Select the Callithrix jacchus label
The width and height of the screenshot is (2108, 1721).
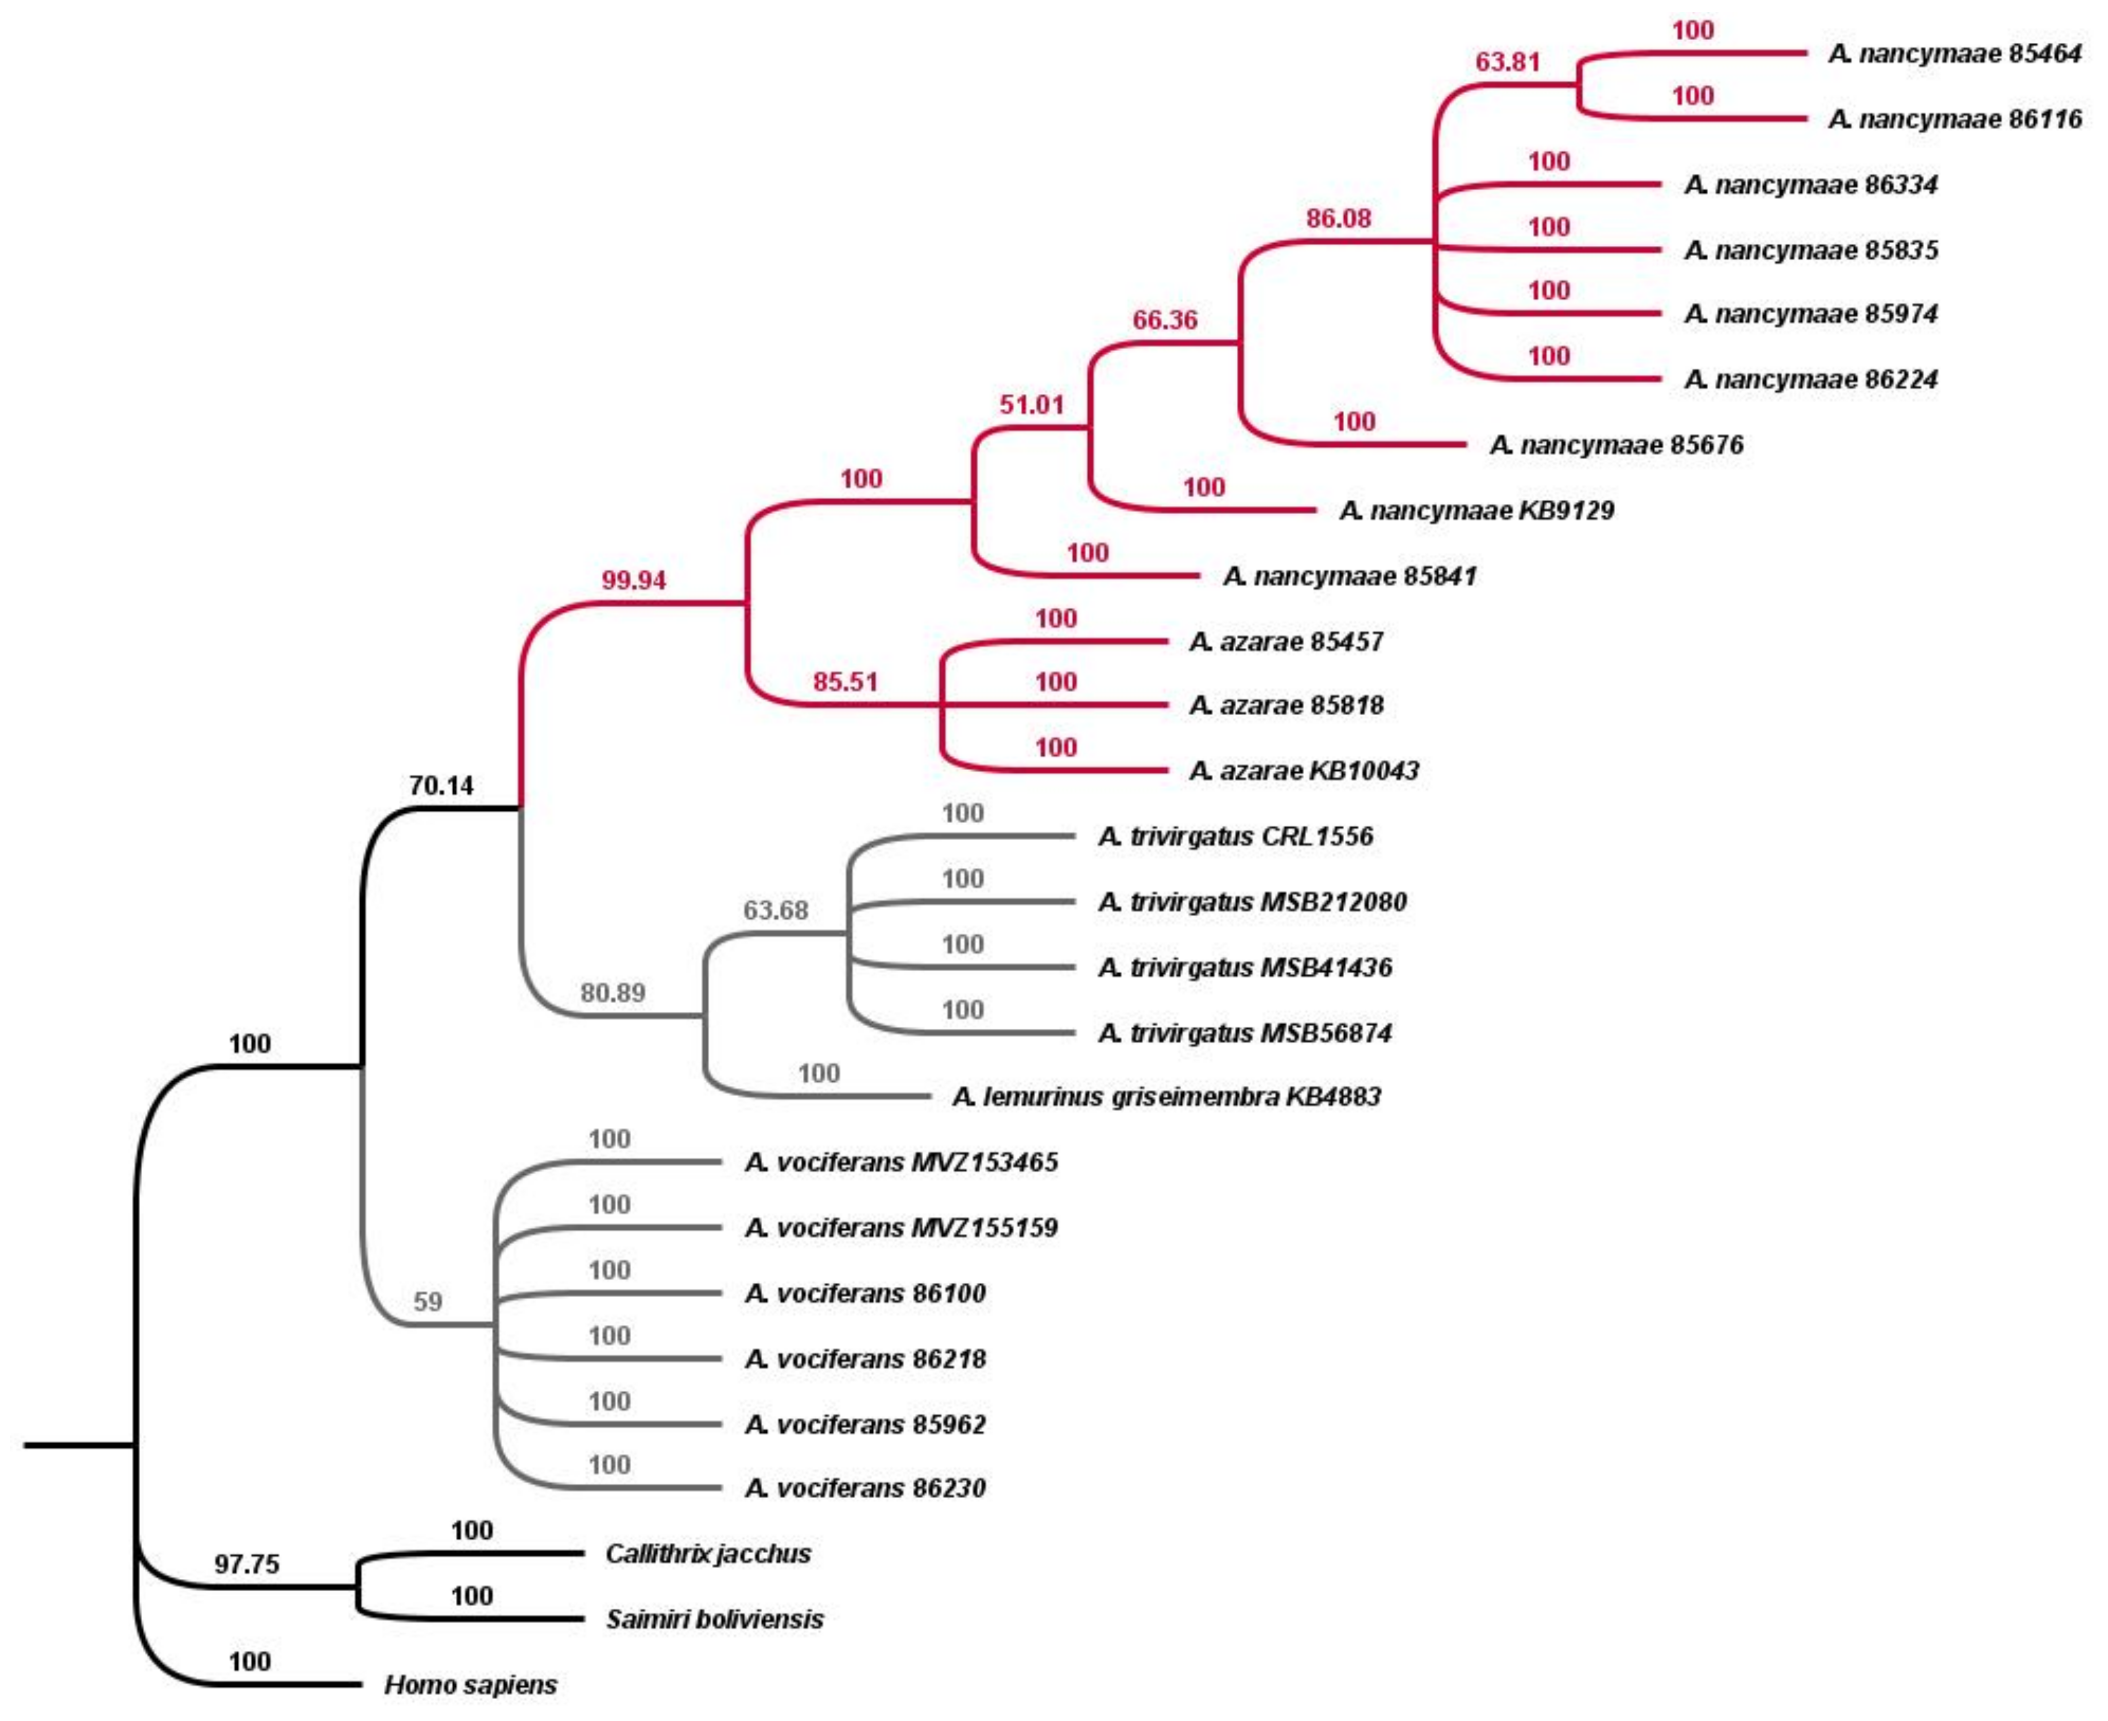point(708,1554)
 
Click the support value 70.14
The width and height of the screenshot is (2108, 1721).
point(441,786)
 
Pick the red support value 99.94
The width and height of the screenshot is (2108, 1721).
point(633,580)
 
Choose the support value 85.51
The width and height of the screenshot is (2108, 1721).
point(845,682)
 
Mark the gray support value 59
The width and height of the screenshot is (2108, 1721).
point(428,1301)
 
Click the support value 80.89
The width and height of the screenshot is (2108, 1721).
point(613,993)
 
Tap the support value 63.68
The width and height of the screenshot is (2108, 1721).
point(776,910)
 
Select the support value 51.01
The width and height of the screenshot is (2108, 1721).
point(1031,405)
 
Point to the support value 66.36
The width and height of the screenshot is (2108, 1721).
point(1165,320)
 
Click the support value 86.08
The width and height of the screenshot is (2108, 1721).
point(1338,218)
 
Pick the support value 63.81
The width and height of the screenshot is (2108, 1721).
point(1507,63)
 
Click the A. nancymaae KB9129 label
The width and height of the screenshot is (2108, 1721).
point(1476,510)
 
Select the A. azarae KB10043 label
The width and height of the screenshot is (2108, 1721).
point(1304,770)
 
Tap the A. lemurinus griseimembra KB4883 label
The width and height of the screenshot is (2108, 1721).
point(1166,1096)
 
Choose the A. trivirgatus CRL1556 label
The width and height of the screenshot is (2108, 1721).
point(1235,836)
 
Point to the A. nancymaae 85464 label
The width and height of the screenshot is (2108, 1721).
point(1954,55)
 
